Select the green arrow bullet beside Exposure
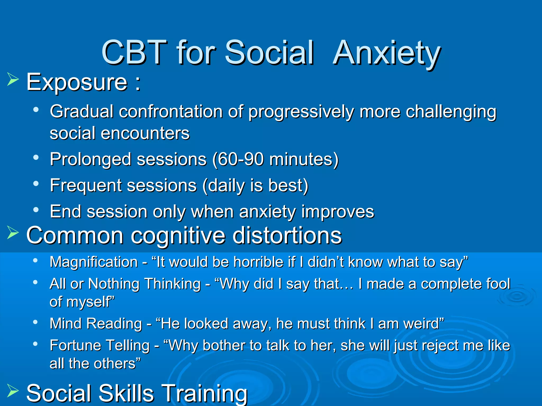pos(13,79)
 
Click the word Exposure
pos(77,82)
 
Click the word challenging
pos(451,112)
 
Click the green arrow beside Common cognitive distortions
pos(13,233)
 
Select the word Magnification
pos(94,262)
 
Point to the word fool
pos(498,284)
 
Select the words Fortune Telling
pos(100,345)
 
